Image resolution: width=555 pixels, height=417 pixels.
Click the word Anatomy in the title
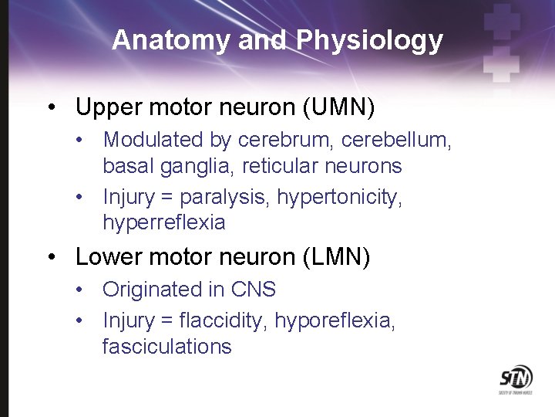pyautogui.click(x=171, y=40)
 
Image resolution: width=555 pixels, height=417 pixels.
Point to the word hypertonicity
pyautogui.click(x=339, y=198)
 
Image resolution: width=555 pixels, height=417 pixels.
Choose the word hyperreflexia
pyautogui.click(x=163, y=223)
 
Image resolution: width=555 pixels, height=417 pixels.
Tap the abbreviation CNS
pyautogui.click(x=254, y=290)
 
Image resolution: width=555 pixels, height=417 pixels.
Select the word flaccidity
pyautogui.click(x=223, y=320)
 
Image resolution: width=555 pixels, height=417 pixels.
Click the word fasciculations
pyautogui.click(x=166, y=346)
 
